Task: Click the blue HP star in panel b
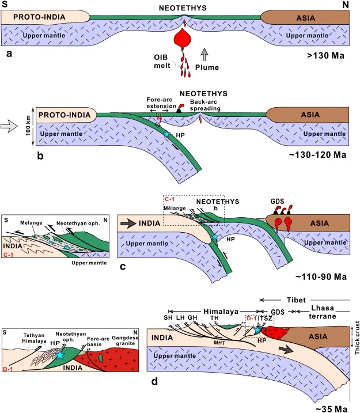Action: coord(167,134)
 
